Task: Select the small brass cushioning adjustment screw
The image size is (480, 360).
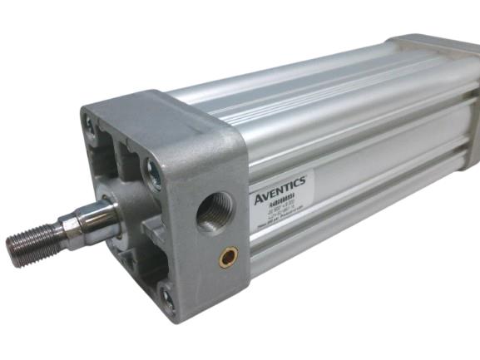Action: pyautogui.click(x=227, y=259)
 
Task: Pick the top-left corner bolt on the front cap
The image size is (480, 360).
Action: pyautogui.click(x=89, y=126)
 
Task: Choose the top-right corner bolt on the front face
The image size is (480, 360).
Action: pyautogui.click(x=154, y=174)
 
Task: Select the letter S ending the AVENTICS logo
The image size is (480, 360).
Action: pyautogui.click(x=305, y=176)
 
